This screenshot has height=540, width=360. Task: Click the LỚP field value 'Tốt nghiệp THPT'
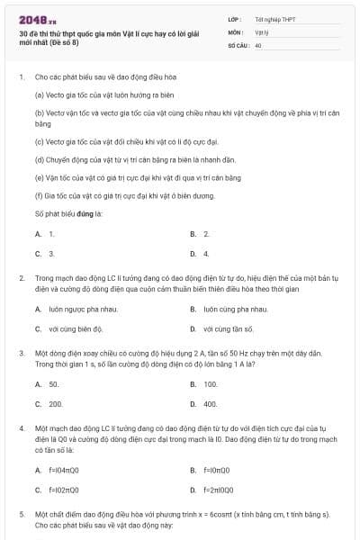pyautogui.click(x=274, y=18)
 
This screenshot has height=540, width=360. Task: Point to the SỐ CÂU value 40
pyautogui.click(x=258, y=44)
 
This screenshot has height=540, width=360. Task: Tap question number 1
pyautogui.click(x=21, y=77)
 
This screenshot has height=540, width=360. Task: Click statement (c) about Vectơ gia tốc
pyautogui.click(x=126, y=142)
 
